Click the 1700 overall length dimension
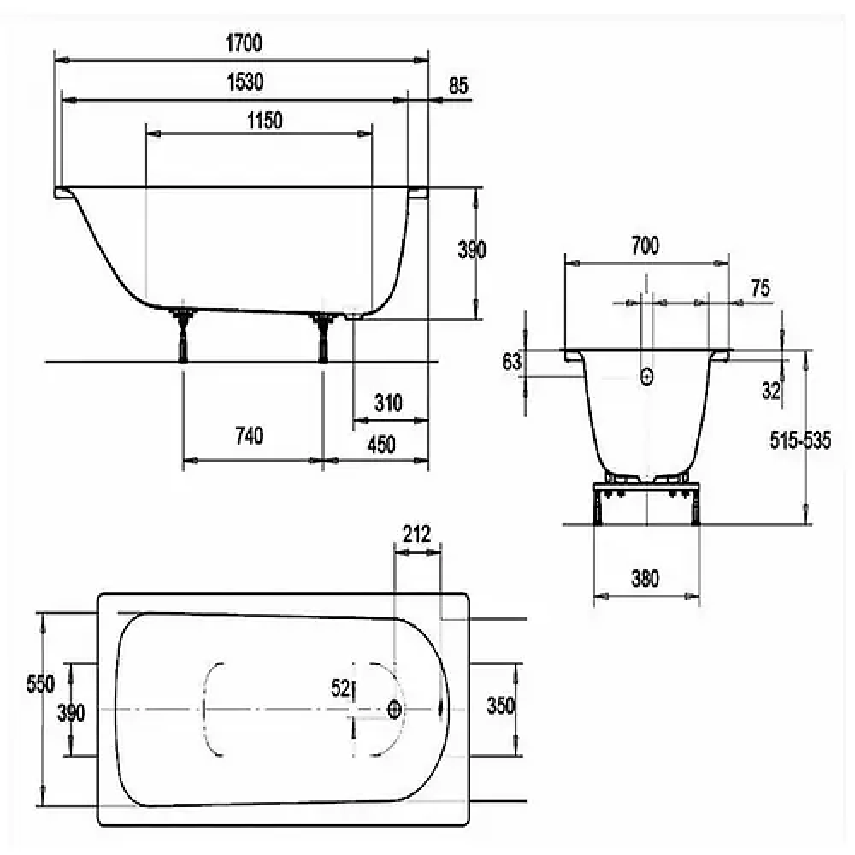click(244, 43)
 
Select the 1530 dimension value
click(245, 82)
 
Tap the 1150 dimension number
click(265, 121)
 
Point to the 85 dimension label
click(458, 85)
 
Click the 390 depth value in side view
click(472, 250)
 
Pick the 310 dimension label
click(388, 403)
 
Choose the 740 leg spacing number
click(249, 436)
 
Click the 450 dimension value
click(381, 445)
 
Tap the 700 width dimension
click(645, 246)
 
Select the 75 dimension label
click(761, 288)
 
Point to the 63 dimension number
click(511, 362)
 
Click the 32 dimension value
click(771, 391)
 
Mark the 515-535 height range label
click(800, 440)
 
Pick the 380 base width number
click(645, 579)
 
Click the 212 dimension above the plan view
click(417, 534)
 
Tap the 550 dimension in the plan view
click(40, 684)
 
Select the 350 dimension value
click(500, 705)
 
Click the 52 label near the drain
click(340, 688)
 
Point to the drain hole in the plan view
click(394, 710)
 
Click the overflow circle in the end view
click(646, 377)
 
